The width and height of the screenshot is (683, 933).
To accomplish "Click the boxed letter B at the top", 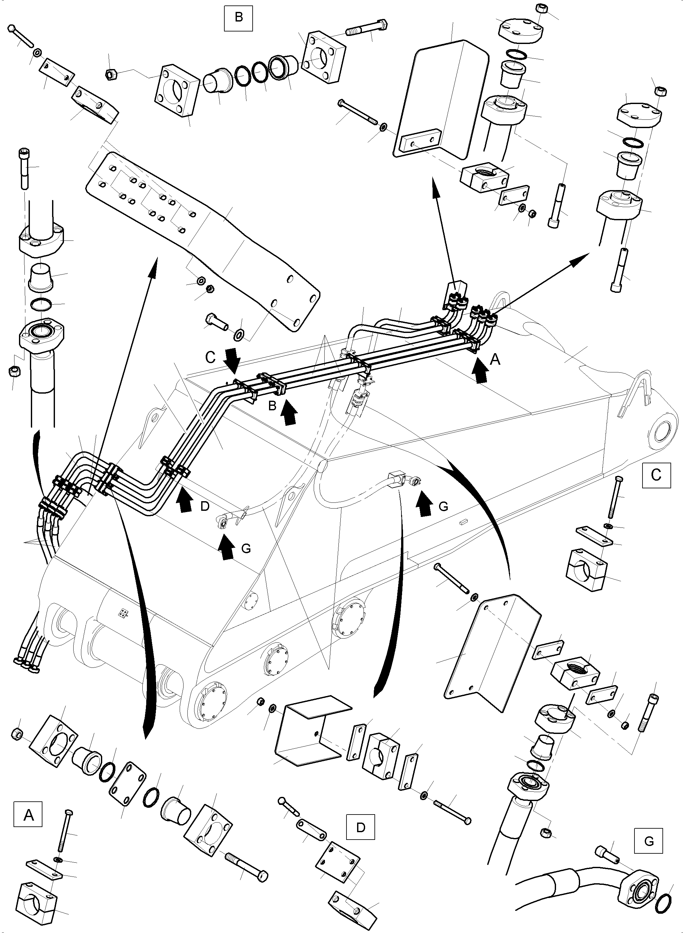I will tap(238, 17).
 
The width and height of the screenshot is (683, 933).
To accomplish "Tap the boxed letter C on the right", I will tap(656, 475).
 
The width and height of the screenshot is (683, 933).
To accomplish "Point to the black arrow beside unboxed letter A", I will tap(480, 370).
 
